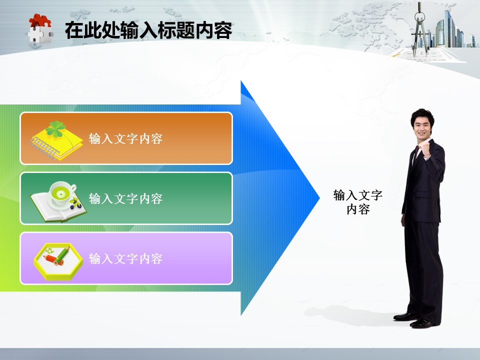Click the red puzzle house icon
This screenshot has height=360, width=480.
[x=40, y=28]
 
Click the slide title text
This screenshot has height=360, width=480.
[x=148, y=30]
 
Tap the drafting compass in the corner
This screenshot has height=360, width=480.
[x=419, y=29]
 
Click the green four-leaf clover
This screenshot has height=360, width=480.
[x=55, y=128]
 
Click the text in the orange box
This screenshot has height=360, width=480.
[x=125, y=138]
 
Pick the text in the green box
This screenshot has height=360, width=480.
[x=125, y=198]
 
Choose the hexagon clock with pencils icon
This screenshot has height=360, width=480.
[x=58, y=261]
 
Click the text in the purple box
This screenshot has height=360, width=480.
[x=125, y=258]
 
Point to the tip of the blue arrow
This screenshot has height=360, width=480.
[x=319, y=198]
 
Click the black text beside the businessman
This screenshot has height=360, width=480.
[x=358, y=202]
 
